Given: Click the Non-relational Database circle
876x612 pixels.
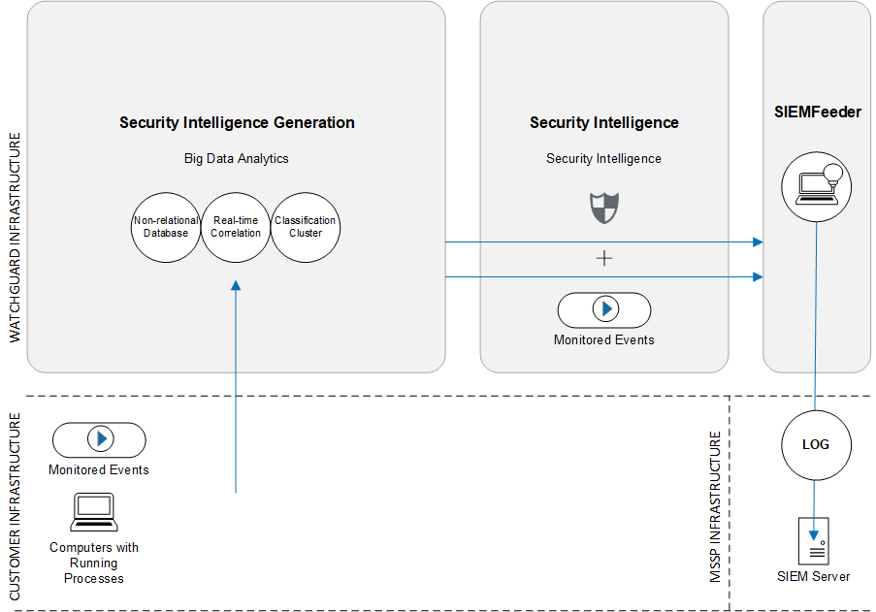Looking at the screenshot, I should click(x=166, y=227).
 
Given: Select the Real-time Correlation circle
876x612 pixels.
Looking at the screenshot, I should click(x=236, y=227).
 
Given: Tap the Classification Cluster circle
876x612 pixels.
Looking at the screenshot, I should click(x=306, y=227).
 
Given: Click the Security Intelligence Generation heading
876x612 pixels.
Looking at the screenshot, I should click(x=237, y=122).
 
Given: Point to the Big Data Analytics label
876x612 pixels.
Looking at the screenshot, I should click(x=237, y=158).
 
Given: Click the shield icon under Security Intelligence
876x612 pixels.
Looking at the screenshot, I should click(x=604, y=208).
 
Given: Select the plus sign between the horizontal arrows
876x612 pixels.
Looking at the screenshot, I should click(x=604, y=258).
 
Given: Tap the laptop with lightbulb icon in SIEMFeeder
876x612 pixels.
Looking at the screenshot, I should click(x=815, y=184).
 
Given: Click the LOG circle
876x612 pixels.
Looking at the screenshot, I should click(x=816, y=445).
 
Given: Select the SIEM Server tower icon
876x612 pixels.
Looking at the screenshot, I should click(x=815, y=540).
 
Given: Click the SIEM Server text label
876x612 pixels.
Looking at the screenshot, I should click(x=813, y=576).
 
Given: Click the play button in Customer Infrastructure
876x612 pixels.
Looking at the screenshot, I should click(x=100, y=439).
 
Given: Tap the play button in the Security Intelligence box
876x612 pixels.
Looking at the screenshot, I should click(x=604, y=309).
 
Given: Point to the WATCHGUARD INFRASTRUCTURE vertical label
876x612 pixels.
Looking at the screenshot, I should click(x=15, y=239).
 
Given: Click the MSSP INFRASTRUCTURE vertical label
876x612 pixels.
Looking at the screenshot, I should click(x=716, y=507).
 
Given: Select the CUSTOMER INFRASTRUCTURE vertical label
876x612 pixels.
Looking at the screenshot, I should click(x=15, y=504).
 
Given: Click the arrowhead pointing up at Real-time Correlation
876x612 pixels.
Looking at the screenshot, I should click(x=236, y=285).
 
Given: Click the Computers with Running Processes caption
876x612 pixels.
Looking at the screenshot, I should click(x=94, y=563).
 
